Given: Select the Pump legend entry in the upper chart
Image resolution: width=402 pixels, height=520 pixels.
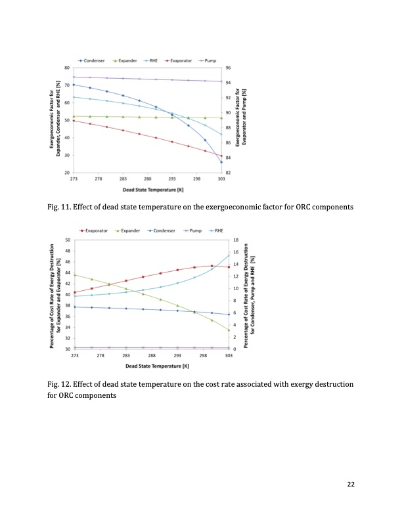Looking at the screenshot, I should [209, 60].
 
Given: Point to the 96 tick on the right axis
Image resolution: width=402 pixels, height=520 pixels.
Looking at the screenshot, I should [228, 68].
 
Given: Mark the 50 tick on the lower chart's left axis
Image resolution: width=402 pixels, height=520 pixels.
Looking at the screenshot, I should [68, 240].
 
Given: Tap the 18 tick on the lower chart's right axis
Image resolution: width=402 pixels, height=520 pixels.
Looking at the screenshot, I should [236, 240].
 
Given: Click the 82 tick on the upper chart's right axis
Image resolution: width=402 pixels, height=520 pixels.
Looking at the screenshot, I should [228, 171].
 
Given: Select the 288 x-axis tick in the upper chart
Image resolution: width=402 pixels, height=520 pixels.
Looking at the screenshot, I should [148, 178].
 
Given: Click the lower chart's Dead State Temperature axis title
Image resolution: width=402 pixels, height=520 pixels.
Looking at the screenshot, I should [152, 365].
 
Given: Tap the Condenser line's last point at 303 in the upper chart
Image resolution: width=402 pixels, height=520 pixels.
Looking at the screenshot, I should [221, 162].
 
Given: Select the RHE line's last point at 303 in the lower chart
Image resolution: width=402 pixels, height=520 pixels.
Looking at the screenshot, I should [229, 255].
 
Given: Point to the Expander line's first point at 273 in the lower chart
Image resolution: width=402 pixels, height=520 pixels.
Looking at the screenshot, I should [74, 274].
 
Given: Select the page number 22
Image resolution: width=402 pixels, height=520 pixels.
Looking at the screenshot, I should [351, 484].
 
